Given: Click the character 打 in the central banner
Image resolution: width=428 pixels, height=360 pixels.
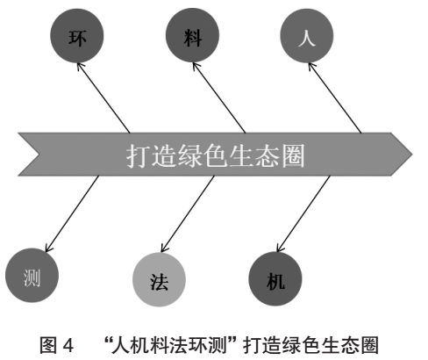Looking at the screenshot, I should tap(135, 157).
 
